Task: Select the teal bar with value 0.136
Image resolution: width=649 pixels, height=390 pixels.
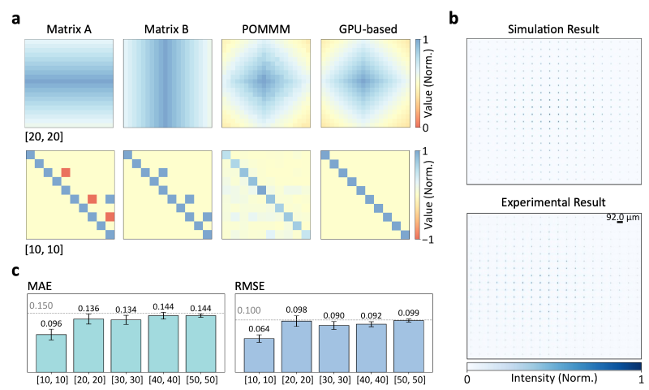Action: (x=88, y=342)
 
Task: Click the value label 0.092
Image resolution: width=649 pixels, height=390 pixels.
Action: (x=371, y=314)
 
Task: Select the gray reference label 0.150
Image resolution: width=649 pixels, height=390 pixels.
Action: (x=41, y=305)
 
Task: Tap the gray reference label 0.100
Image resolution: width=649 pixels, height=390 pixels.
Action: (x=248, y=310)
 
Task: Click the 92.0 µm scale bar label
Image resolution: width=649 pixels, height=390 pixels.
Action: (x=623, y=218)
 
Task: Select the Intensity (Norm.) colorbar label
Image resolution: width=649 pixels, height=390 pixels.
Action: (x=554, y=379)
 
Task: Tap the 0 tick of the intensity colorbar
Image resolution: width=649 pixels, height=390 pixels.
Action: (x=468, y=379)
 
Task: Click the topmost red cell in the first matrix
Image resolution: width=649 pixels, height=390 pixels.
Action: (x=66, y=172)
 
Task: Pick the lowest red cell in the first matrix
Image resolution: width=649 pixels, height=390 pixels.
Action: (x=110, y=216)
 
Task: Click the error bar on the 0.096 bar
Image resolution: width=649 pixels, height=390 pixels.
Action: (x=51, y=334)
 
